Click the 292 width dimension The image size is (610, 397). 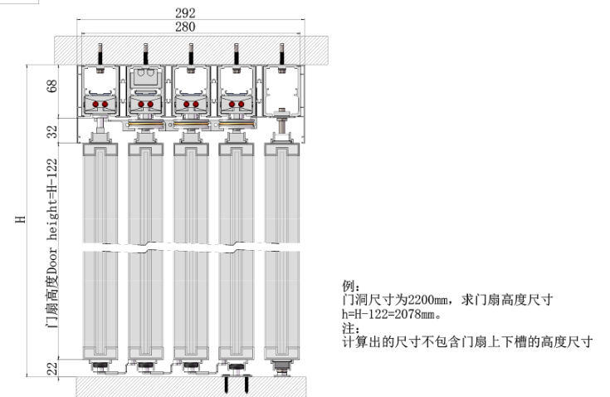point(185,12)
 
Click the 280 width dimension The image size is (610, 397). point(185,27)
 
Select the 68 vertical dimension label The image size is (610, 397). point(51,86)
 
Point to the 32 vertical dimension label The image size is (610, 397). point(51,131)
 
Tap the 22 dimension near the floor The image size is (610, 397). point(51,368)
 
